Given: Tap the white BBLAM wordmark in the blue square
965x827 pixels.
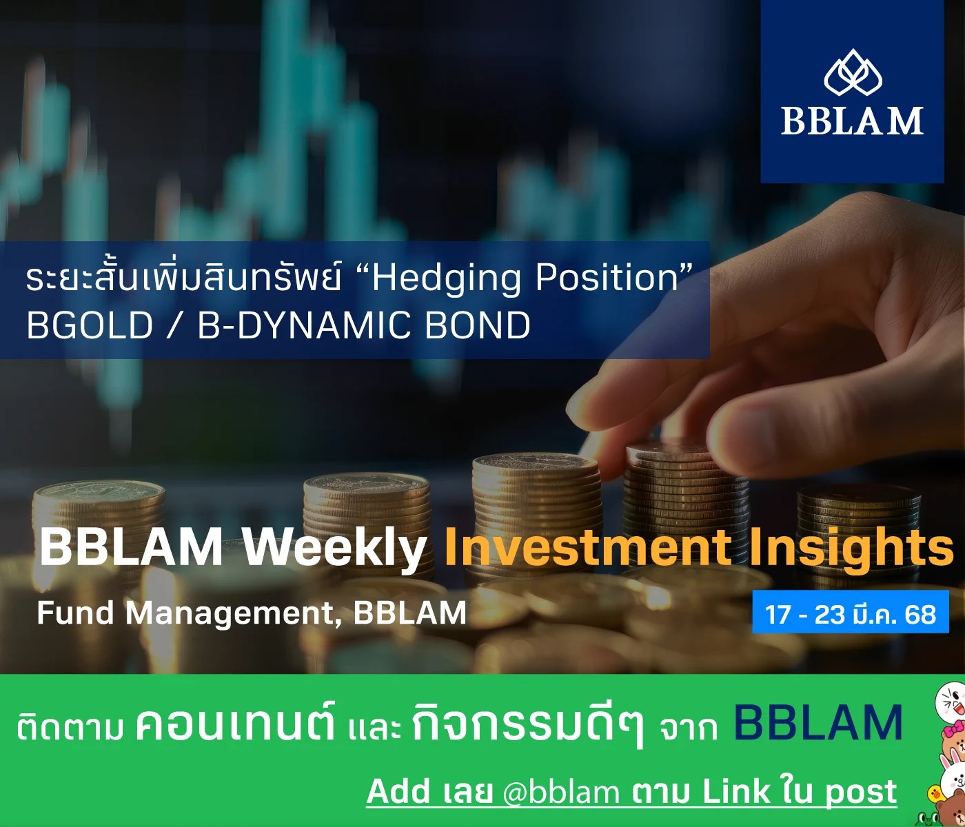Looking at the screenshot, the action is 853,121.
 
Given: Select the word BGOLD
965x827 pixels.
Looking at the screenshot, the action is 90,325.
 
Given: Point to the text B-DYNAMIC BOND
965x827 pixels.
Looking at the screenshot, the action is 364,325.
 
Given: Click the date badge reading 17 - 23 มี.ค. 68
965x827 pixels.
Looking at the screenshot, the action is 851,614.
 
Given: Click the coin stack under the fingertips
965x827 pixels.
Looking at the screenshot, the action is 686,490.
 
